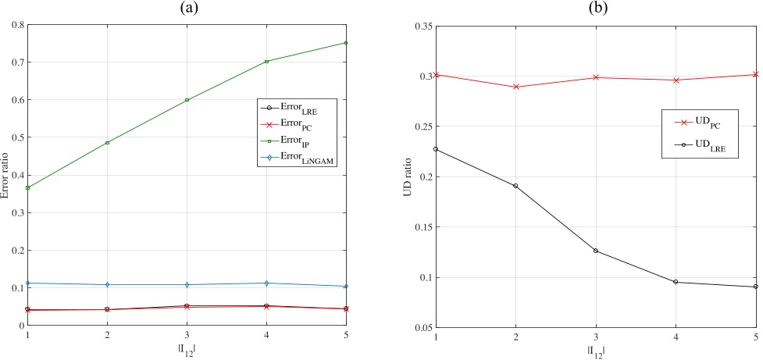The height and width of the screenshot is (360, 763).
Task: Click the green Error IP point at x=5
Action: coord(347,43)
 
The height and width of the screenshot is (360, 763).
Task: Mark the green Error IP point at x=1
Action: coord(27,187)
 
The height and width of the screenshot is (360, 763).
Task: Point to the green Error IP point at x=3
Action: coord(187,100)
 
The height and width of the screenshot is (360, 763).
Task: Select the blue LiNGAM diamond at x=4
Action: coord(267,283)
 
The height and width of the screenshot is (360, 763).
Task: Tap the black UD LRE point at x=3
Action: coord(595,251)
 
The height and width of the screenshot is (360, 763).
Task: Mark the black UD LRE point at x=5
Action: coord(755,287)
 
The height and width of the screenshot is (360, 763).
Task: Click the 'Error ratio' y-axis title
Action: coord(5,175)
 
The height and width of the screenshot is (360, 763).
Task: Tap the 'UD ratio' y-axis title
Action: coord(407,176)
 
